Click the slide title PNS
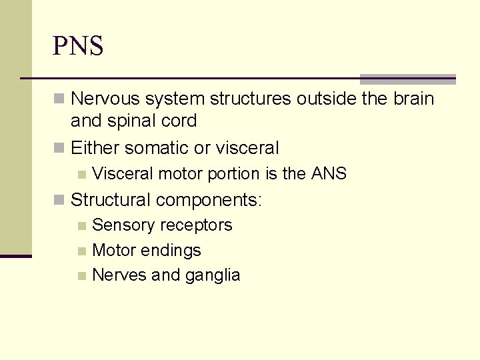[x=78, y=46]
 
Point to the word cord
[x=180, y=121]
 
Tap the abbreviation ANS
[x=329, y=173]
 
